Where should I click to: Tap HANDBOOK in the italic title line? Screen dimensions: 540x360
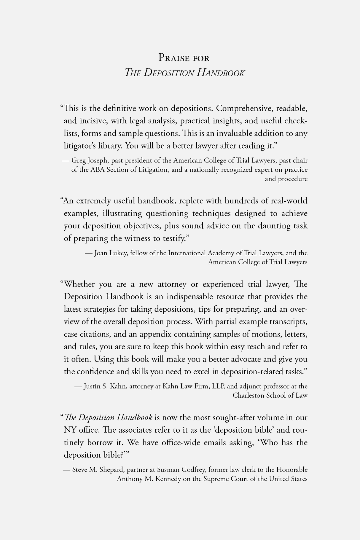click(x=220, y=73)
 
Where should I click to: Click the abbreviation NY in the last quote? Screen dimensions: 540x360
click(x=69, y=430)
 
